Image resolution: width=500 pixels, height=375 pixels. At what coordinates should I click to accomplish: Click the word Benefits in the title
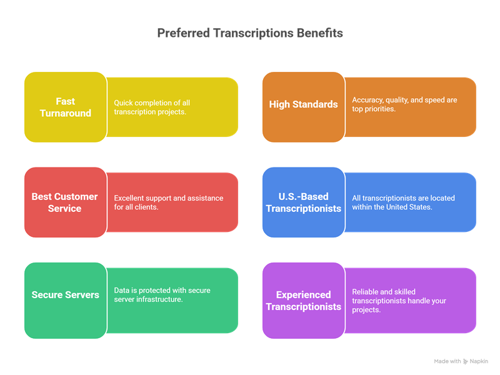319,33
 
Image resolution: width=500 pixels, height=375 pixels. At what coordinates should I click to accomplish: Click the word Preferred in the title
183,33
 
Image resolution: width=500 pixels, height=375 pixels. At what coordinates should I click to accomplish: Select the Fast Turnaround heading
66,107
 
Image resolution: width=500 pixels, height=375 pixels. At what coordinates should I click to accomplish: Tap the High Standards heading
303,104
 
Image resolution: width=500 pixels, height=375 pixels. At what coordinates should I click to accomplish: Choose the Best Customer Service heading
65,202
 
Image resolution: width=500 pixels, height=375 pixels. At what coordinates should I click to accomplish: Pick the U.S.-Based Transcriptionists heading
304,202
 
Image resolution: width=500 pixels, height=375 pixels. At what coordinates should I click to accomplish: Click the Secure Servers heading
66,294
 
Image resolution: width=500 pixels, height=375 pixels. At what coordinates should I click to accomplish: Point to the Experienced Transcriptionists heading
304,301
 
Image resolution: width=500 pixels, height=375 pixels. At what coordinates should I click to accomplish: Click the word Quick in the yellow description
123,103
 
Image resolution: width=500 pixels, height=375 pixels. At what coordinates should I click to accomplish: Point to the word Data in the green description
121,291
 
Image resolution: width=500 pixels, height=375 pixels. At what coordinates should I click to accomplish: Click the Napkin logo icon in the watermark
465,361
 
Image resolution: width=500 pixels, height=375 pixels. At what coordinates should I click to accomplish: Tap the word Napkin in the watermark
479,361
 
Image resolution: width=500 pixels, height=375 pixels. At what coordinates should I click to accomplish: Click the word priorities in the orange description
380,109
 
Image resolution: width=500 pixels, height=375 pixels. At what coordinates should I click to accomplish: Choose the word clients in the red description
147,207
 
